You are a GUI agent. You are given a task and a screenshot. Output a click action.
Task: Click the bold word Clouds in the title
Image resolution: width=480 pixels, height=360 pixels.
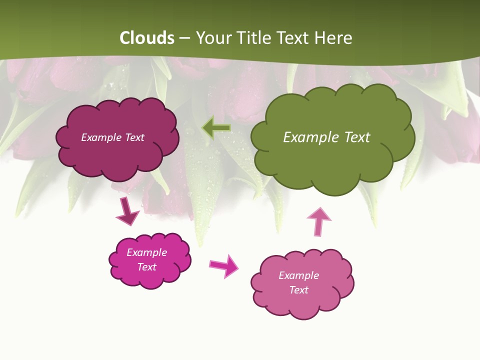[146, 38]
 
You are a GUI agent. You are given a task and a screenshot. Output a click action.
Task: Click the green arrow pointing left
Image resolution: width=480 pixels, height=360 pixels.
[216, 128]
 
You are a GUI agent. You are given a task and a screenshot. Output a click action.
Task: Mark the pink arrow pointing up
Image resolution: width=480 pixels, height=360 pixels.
[319, 221]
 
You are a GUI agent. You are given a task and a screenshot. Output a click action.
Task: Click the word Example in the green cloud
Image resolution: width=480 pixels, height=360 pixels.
[307, 137]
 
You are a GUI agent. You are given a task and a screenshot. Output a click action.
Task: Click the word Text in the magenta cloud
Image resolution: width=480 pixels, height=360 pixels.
[147, 267]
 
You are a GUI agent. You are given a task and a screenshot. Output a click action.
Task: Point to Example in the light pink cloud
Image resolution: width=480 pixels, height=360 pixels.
[298, 275]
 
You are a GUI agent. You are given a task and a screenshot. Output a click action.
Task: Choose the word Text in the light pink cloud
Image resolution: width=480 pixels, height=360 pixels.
[298, 290]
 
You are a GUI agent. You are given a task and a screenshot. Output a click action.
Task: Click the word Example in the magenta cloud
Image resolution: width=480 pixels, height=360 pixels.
[147, 252]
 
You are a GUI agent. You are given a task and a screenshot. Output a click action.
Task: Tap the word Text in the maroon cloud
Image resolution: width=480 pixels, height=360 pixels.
[134, 137]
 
